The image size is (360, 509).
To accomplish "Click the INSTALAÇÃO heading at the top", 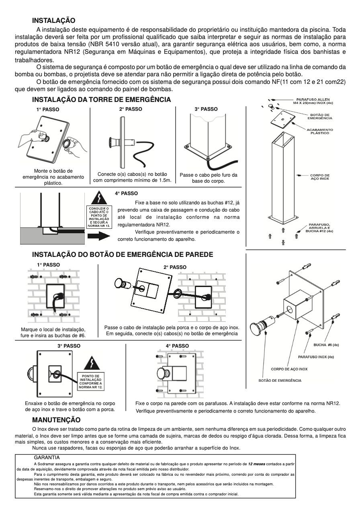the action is pyautogui.click(x=54, y=20).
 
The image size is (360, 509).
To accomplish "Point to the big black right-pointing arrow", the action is pyautogui.click(x=99, y=236).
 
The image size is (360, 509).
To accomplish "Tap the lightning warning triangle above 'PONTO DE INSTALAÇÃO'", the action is pyautogui.click(x=92, y=363).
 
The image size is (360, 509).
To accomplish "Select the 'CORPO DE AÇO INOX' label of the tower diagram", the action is pyautogui.click(x=319, y=177).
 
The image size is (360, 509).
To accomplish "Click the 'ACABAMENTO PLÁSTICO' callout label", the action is pyautogui.click(x=319, y=131).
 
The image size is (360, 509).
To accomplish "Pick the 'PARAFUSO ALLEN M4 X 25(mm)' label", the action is pyautogui.click(x=313, y=101).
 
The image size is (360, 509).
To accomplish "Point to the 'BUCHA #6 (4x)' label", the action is pyautogui.click(x=326, y=345).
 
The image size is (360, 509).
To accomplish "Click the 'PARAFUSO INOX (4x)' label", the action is pyautogui.click(x=316, y=357).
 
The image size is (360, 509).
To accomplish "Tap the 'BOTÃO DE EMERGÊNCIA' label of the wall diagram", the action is pyautogui.click(x=280, y=381).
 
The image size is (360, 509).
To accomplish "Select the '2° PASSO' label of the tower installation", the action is pyautogui.click(x=131, y=109).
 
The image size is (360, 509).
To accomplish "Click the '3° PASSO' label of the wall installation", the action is pyautogui.click(x=69, y=346).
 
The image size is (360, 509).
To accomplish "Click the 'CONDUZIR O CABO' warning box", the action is pyautogui.click(x=99, y=217).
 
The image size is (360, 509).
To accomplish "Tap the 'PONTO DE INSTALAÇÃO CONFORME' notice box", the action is pyautogui.click(x=91, y=381).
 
